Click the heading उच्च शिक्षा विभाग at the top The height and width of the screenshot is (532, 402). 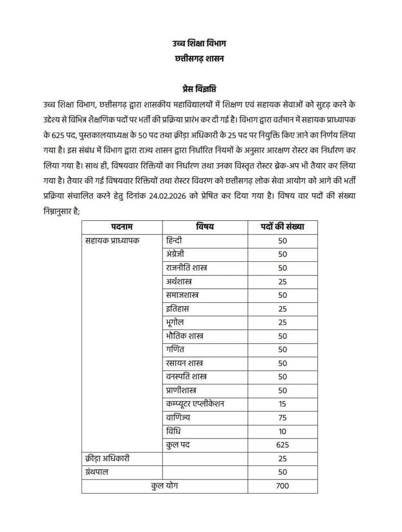200,43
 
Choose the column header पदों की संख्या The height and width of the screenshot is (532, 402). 282,227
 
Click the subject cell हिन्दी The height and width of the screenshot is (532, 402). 172,241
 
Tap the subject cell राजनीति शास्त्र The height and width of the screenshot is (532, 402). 185,268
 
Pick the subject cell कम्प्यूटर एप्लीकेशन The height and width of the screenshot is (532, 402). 195,404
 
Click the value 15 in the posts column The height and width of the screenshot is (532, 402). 282,404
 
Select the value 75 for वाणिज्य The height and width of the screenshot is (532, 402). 282,417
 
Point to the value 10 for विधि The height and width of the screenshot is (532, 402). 282,431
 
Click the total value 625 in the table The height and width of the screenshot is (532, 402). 282,445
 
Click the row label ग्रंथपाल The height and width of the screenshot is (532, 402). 98,472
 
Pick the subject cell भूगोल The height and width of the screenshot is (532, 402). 173,322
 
